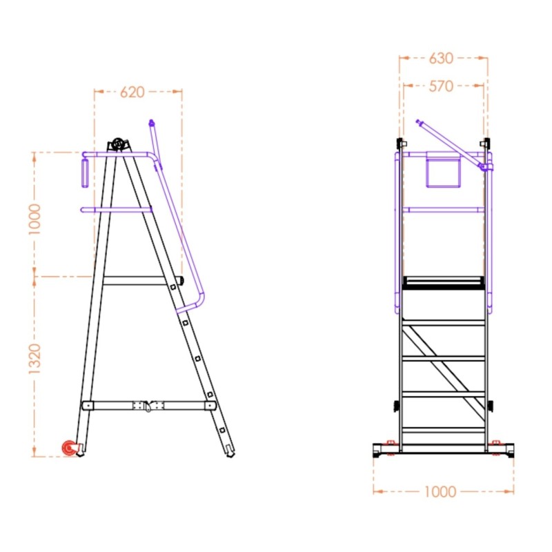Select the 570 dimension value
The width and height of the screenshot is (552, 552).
click(441, 86)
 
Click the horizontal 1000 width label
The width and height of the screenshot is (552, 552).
click(440, 491)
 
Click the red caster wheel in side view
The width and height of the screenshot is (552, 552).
click(69, 448)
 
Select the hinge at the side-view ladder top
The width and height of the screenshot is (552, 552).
click(119, 144)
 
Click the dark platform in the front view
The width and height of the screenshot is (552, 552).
click(444, 282)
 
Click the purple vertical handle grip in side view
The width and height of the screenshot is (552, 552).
click(85, 173)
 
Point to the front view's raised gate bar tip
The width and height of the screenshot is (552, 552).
click(419, 123)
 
